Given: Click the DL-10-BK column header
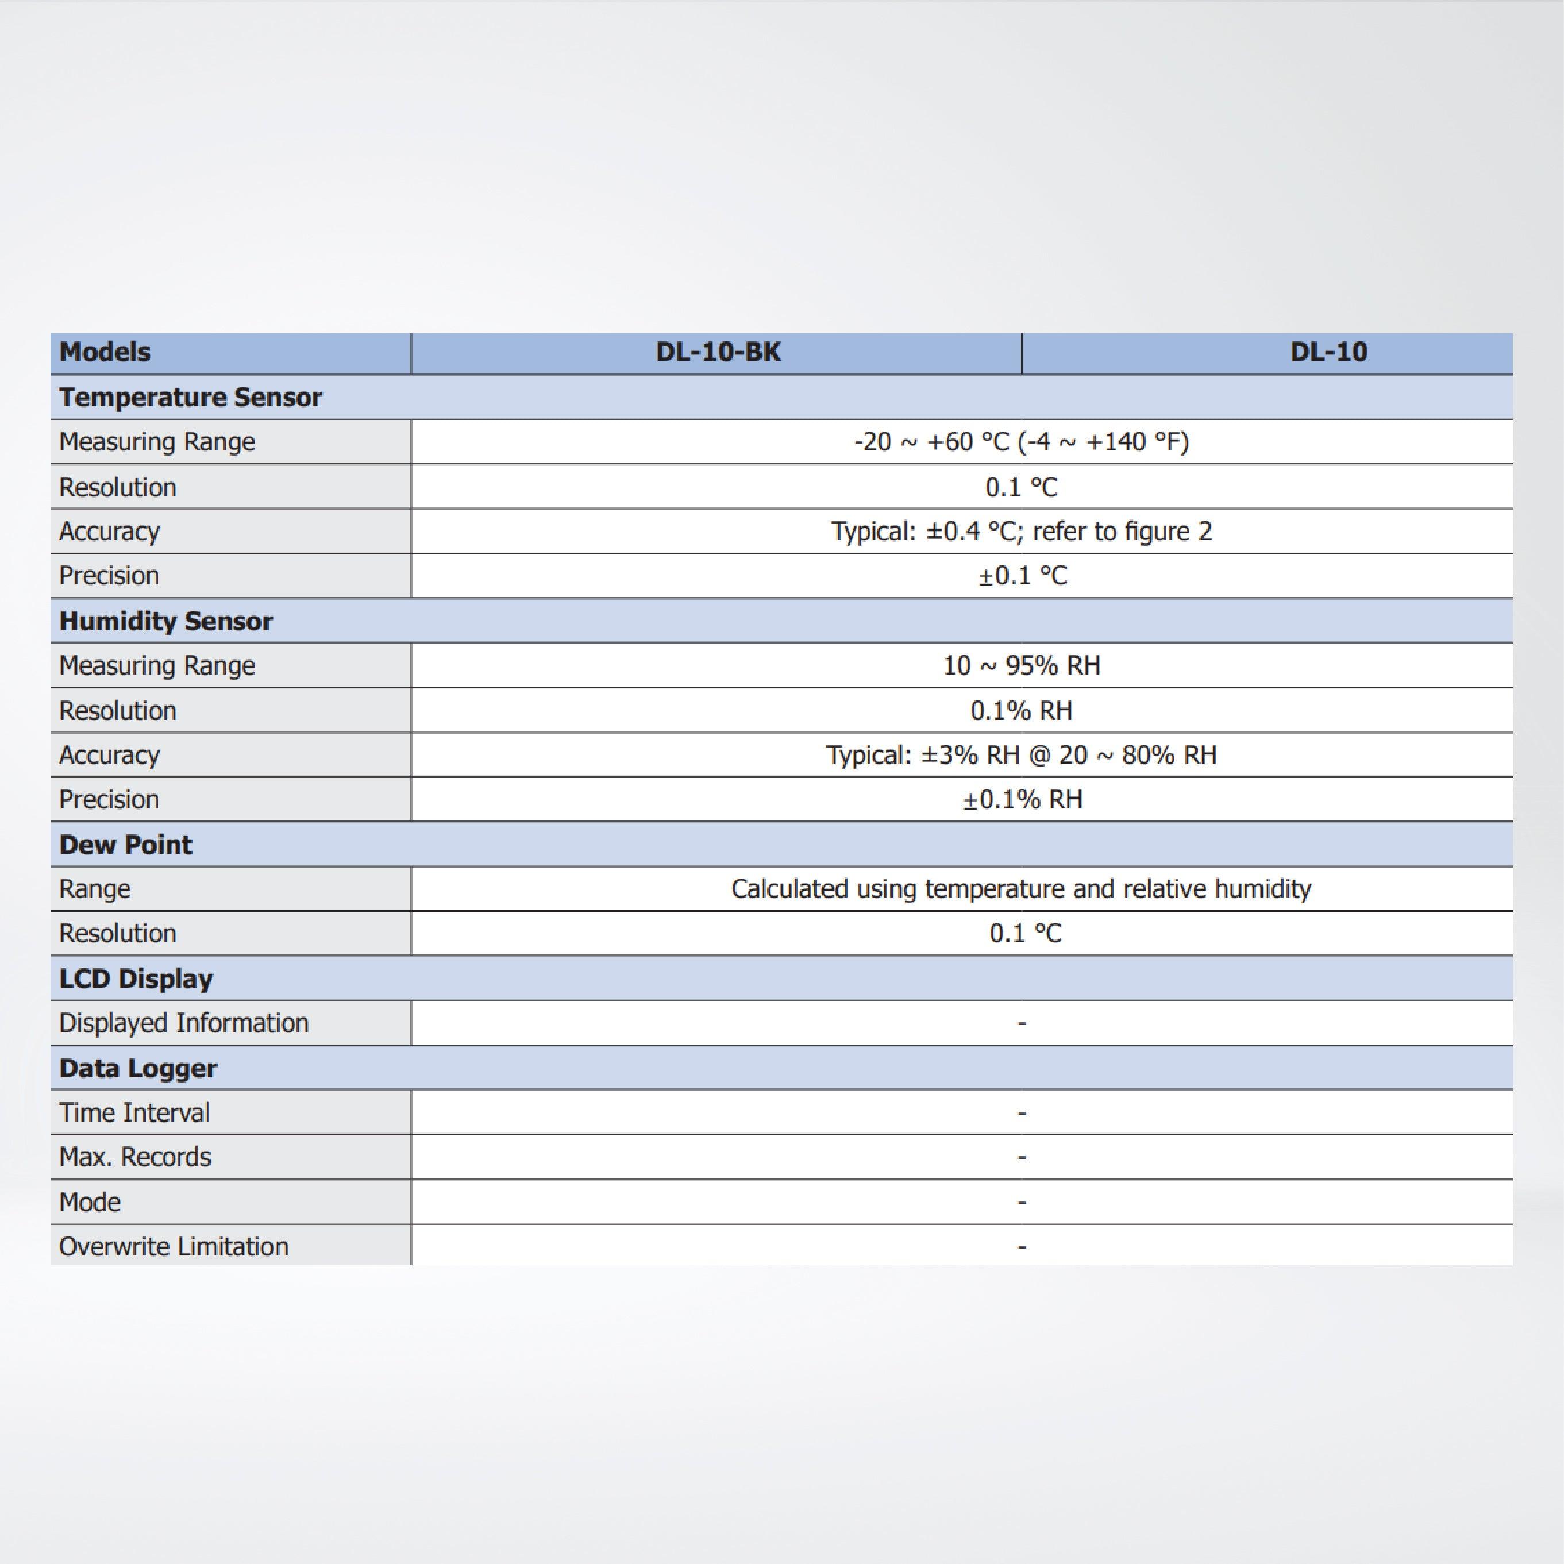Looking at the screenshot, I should (x=718, y=352).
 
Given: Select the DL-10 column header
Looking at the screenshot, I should (x=1328, y=352).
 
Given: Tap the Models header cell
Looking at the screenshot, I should (x=105, y=352).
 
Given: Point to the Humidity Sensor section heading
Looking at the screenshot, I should (x=166, y=621).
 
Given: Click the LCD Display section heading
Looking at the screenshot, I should (x=136, y=979).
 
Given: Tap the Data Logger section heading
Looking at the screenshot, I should (x=138, y=1069).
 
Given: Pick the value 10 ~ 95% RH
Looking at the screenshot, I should (x=1021, y=665).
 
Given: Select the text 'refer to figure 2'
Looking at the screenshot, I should (x=1122, y=532).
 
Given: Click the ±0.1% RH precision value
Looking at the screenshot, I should (x=1022, y=800).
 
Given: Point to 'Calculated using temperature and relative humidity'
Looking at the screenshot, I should (x=1021, y=889).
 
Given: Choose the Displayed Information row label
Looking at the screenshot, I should (x=184, y=1023).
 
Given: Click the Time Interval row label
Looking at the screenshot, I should (x=134, y=1113).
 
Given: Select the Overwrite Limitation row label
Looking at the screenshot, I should (x=174, y=1247).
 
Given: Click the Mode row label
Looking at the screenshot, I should (x=90, y=1202).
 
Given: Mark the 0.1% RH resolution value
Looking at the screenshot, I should (x=1021, y=711).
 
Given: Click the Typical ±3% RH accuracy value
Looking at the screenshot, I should (x=1021, y=756).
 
